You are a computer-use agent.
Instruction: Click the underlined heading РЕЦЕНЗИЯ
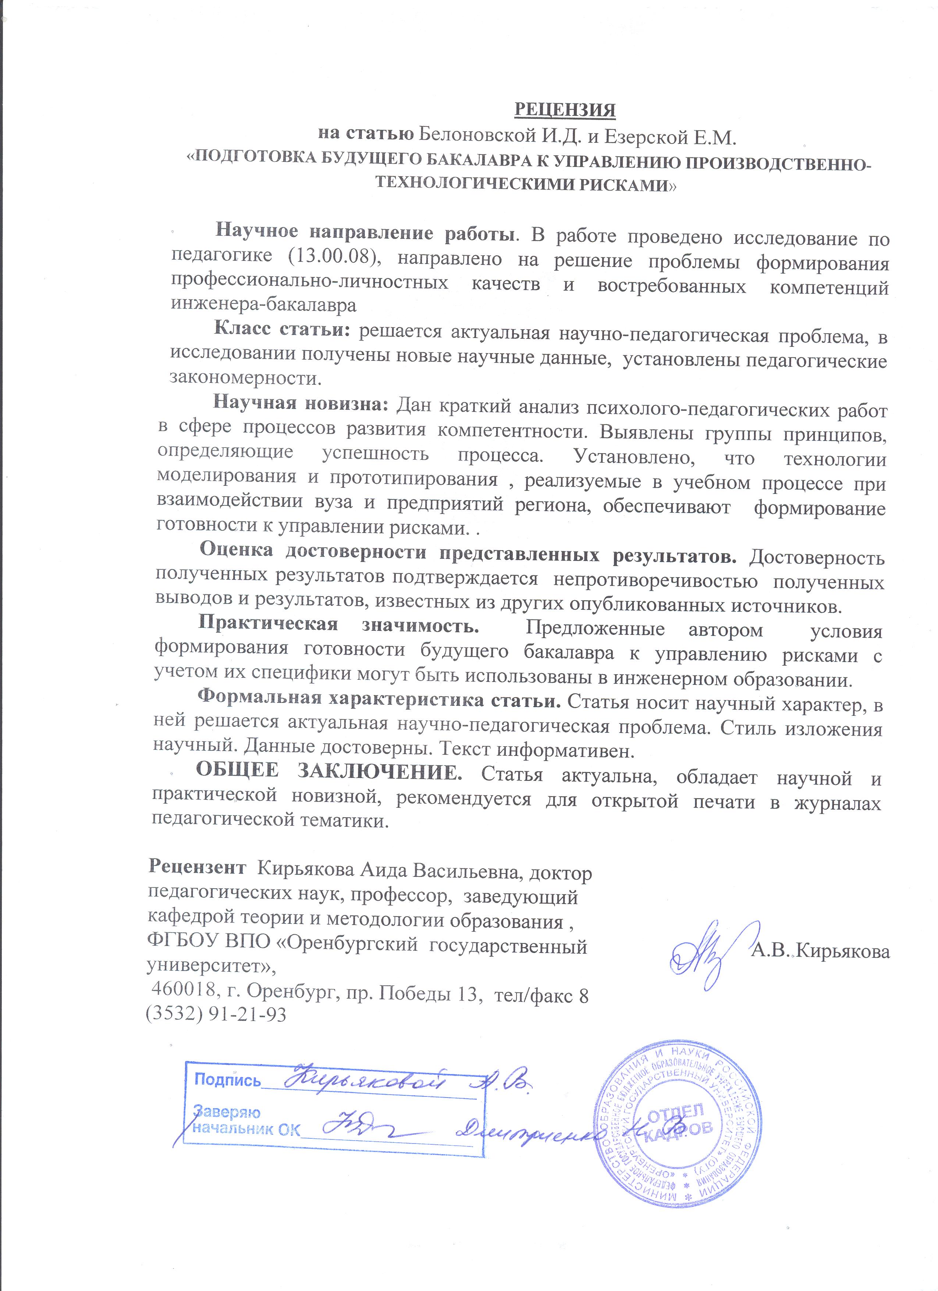pos(565,109)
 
